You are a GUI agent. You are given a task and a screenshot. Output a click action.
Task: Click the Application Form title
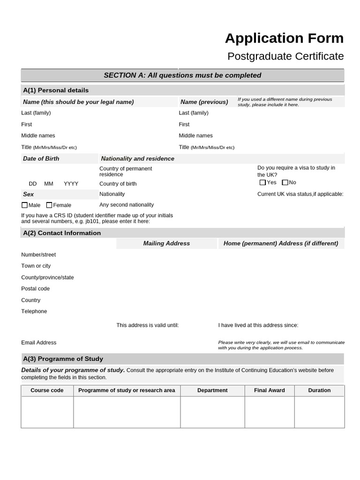(284, 38)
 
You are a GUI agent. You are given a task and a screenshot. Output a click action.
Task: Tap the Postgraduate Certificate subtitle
(285, 56)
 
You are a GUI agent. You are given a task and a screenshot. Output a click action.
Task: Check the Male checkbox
(25, 205)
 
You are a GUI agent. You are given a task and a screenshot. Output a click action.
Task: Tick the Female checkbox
(49, 205)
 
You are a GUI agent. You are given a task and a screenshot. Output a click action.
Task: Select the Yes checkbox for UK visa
(262, 182)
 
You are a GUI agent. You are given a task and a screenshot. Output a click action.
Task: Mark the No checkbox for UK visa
(285, 182)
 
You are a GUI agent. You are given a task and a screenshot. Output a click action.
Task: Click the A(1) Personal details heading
(56, 90)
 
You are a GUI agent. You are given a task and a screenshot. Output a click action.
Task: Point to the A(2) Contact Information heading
(62, 233)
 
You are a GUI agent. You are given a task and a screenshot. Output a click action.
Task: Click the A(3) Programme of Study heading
(63, 359)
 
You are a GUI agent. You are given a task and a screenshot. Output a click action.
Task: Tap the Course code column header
(47, 390)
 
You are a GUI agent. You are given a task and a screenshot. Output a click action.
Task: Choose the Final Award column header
(270, 390)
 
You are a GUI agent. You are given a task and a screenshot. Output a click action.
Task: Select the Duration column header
(319, 390)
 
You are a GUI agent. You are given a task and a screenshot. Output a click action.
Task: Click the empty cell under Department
(212, 412)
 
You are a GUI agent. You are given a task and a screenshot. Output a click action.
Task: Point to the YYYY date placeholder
(71, 184)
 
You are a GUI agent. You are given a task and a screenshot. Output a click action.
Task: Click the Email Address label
(39, 343)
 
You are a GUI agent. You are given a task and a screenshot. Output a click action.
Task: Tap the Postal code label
(36, 289)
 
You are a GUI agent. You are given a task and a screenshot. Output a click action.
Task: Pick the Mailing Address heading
(166, 243)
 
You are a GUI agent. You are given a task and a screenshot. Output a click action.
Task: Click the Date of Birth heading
(41, 158)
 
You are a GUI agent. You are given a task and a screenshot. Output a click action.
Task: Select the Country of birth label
(118, 184)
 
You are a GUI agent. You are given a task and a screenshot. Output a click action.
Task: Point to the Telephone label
(34, 311)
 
